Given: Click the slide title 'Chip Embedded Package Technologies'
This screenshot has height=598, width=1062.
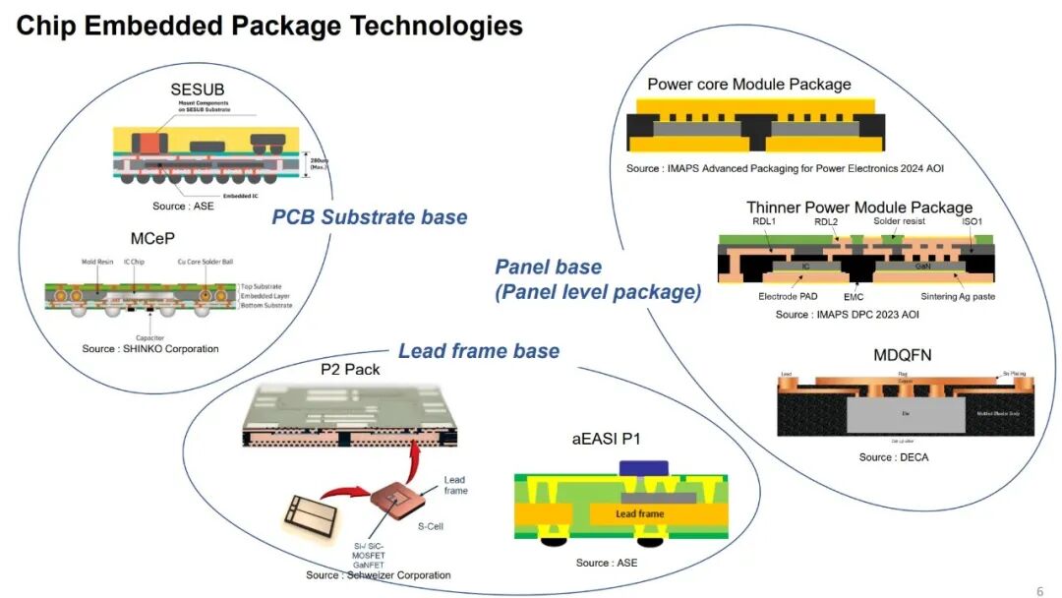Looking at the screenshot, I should pos(269,27).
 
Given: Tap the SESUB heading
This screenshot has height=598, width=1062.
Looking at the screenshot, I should pos(198,90).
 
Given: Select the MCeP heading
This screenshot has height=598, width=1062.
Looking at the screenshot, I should pos(151,240).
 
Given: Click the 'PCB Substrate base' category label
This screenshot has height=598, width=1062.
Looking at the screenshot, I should pos(369,216).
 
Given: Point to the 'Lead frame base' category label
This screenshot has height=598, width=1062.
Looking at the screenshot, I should pos(479,351).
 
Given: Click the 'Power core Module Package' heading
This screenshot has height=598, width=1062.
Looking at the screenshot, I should pos(748,85).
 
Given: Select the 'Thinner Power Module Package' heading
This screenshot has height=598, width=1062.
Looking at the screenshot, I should pos(859,208).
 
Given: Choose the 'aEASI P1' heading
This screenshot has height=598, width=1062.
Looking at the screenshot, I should pos(607,440).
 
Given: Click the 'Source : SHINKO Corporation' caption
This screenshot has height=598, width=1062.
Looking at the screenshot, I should pos(150,349).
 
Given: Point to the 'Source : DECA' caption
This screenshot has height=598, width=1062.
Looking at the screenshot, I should pos(893,457).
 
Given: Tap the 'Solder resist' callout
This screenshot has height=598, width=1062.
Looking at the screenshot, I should pos(901,222).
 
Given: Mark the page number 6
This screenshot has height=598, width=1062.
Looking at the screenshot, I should pos(1039,591).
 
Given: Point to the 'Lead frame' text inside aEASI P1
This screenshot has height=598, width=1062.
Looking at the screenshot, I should pos(639,513).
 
